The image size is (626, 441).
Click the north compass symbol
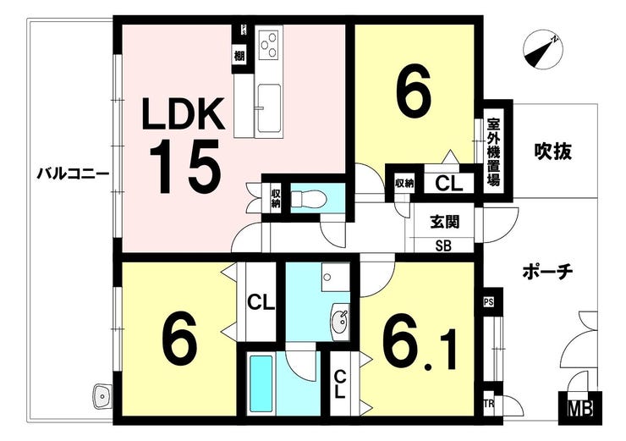click(x=542, y=51)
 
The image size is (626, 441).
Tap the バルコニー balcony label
click(x=73, y=174)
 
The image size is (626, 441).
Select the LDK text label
click(x=184, y=114)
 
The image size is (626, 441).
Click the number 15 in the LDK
click(x=185, y=167)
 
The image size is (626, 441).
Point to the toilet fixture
click(x=309, y=198)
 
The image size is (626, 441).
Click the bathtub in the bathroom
click(x=261, y=383)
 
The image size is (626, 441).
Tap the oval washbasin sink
click(x=340, y=320)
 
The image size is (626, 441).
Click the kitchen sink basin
click(x=269, y=108)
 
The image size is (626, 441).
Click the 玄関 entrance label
click(x=445, y=222)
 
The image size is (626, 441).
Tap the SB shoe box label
click(x=443, y=246)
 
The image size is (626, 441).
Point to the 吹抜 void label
click(x=553, y=152)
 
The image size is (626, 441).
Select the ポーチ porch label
click(x=548, y=273)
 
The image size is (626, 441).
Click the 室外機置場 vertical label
click(x=493, y=152)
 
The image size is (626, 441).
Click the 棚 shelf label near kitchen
click(x=239, y=57)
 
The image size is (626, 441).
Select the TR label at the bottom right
click(x=489, y=404)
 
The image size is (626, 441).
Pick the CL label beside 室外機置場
click(x=448, y=184)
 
